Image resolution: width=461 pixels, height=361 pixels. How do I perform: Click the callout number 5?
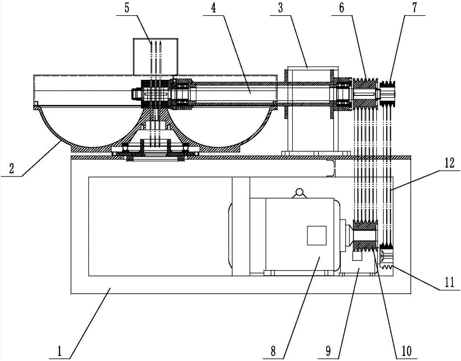[x=127, y=7]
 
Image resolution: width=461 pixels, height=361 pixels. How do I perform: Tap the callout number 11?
[x=449, y=282]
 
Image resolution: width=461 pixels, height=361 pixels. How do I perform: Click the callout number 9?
[x=328, y=351]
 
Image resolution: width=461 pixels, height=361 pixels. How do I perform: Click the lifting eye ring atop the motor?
[x=300, y=193]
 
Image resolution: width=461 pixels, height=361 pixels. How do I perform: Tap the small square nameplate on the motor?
[x=316, y=236]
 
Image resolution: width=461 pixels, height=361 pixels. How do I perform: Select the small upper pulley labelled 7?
[x=388, y=93]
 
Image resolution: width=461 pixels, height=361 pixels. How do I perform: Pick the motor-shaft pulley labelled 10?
[x=365, y=236]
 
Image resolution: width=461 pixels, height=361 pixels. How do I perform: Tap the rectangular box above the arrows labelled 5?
[x=155, y=56]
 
